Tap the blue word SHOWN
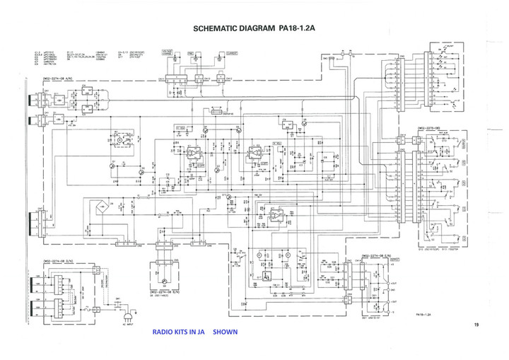tap(225, 331)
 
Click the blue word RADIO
tap(164, 331)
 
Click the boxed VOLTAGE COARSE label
tap(167, 53)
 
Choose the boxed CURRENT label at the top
tap(232, 52)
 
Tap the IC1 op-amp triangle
tap(192, 153)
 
